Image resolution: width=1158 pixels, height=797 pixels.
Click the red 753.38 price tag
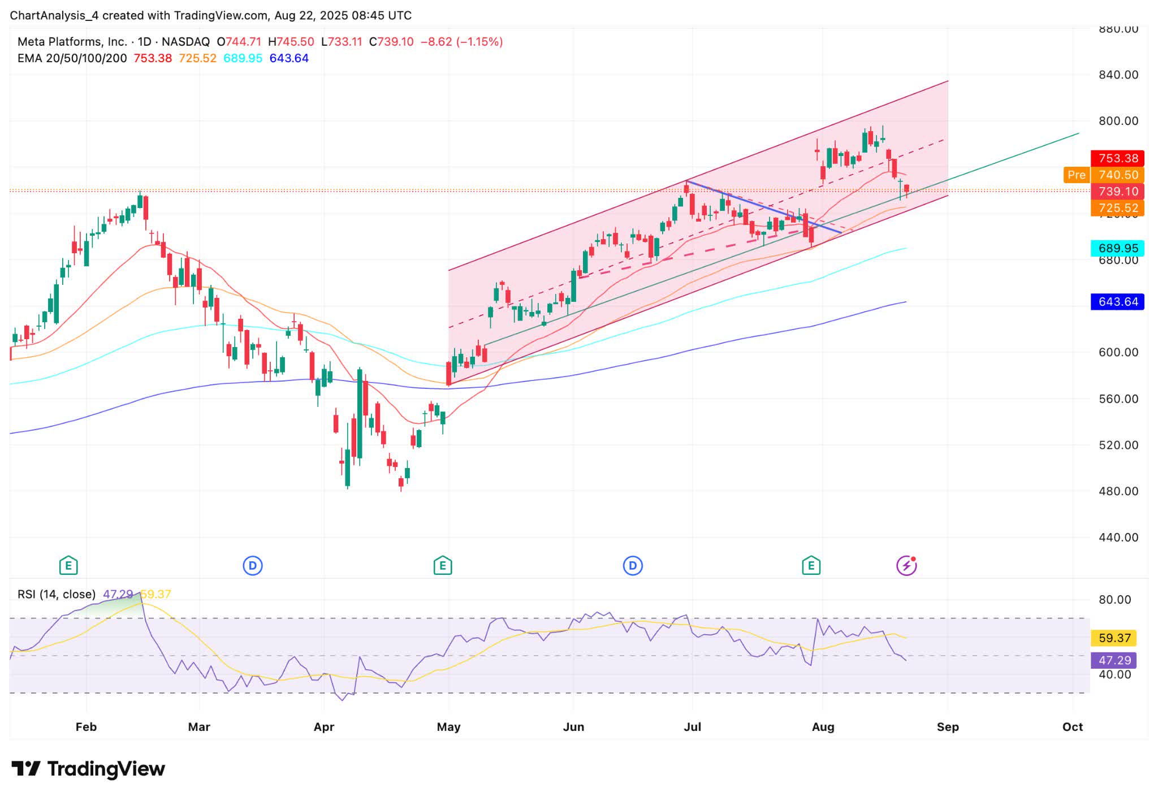pyautogui.click(x=1117, y=158)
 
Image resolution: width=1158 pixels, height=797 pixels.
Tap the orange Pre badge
pyautogui.click(x=1076, y=175)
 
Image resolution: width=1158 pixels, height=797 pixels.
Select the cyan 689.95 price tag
pyautogui.click(x=1117, y=248)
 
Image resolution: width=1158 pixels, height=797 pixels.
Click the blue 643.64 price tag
pyautogui.click(x=1117, y=302)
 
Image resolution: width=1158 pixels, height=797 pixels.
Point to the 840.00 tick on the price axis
pyautogui.click(x=1118, y=75)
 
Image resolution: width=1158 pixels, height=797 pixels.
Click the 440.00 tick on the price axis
pyautogui.click(x=1118, y=538)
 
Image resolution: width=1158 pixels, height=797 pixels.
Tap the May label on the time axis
pyautogui.click(x=448, y=727)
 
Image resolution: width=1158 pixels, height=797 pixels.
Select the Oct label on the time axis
pyautogui.click(x=1072, y=727)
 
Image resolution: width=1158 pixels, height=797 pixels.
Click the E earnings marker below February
pyautogui.click(x=68, y=565)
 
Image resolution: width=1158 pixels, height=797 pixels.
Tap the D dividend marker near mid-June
pyautogui.click(x=633, y=565)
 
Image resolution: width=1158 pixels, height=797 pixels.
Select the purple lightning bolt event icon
pyautogui.click(x=906, y=565)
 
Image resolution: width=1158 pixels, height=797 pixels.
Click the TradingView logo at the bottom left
pyautogui.click(x=88, y=769)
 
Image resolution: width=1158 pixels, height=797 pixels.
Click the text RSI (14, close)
pyautogui.click(x=57, y=594)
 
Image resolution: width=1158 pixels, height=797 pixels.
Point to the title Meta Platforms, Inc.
pyautogui.click(x=72, y=42)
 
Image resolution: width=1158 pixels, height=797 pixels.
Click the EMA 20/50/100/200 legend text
pyautogui.click(x=72, y=58)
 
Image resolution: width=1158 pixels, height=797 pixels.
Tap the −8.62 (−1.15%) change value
pyautogui.click(x=461, y=42)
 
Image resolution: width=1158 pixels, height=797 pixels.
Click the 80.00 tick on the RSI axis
pyautogui.click(x=1114, y=600)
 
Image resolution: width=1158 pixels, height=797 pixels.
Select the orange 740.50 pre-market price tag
pyautogui.click(x=1117, y=175)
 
